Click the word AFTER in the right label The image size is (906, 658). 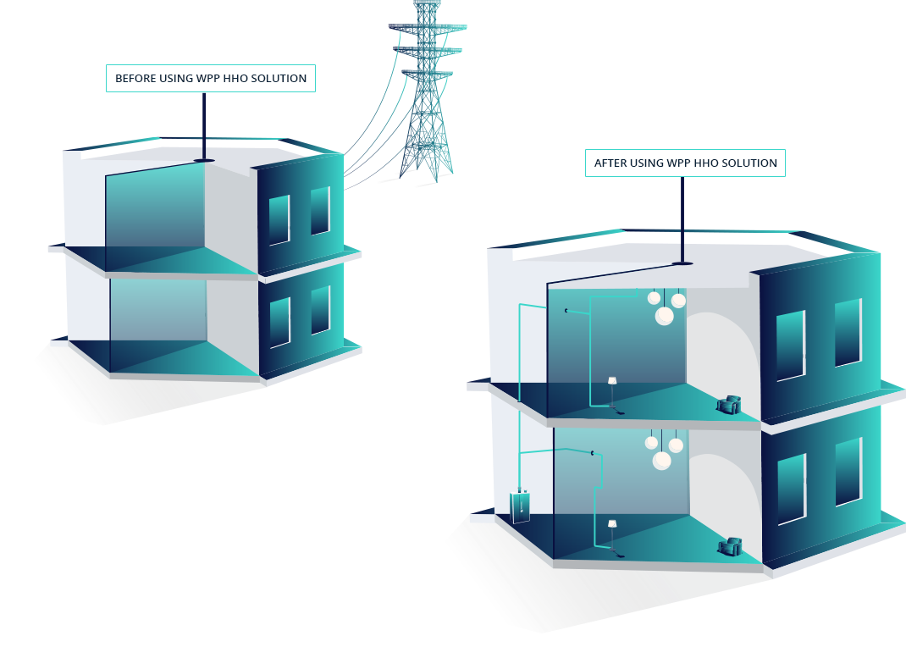610,163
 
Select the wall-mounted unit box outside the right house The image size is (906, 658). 520,506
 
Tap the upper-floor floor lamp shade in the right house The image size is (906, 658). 612,381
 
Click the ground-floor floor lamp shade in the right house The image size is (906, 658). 612,523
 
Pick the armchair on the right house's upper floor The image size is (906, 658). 729,406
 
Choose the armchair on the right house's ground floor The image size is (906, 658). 729,547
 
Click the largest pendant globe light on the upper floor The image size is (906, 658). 665,316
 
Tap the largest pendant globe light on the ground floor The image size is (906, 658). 662,461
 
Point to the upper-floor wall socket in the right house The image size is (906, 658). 566,311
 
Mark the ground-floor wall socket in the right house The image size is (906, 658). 592,454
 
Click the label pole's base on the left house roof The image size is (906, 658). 204,160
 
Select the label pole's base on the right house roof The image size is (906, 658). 682,263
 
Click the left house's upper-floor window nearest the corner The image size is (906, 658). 279,219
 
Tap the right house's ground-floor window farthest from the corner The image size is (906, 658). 848,472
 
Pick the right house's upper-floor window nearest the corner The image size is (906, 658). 791,345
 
